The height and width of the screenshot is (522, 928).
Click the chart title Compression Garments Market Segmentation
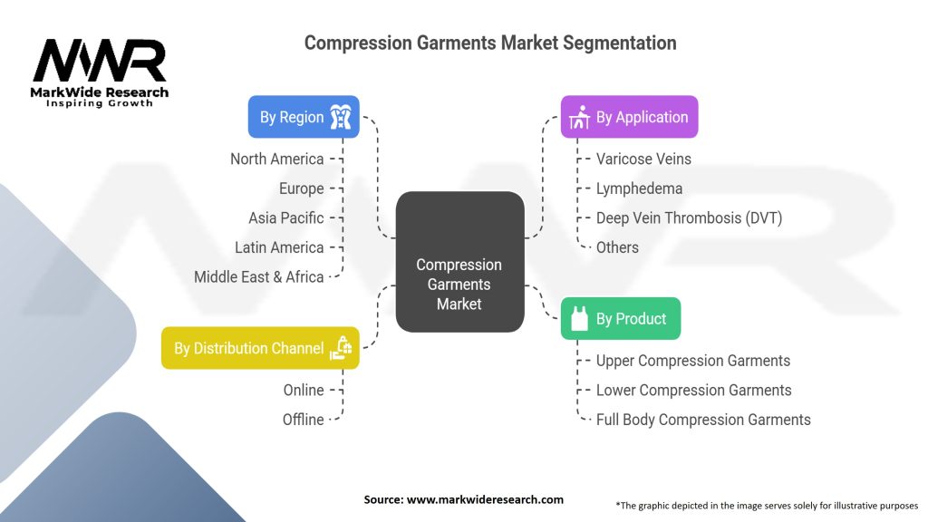(489, 43)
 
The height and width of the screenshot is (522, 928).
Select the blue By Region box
(304, 117)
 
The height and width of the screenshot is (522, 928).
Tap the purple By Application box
(629, 117)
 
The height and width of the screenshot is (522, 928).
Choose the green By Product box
(620, 319)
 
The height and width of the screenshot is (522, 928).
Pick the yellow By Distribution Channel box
(260, 348)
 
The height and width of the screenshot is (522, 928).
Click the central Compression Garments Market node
(459, 283)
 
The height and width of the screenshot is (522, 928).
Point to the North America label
(276, 159)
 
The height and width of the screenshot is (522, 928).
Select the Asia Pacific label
(285, 217)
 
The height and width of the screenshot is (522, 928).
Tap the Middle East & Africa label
(258, 276)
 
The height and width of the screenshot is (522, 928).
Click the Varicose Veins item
(643, 159)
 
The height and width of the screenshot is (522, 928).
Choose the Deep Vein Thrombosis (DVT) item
(689, 217)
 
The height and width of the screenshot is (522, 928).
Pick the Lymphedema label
(639, 188)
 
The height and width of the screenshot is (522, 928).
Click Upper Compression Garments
(693, 361)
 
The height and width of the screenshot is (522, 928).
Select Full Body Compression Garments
(703, 420)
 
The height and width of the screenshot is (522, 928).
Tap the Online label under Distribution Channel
(303, 390)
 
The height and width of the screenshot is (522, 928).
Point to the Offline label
(303, 420)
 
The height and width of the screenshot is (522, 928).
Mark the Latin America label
(278, 247)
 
